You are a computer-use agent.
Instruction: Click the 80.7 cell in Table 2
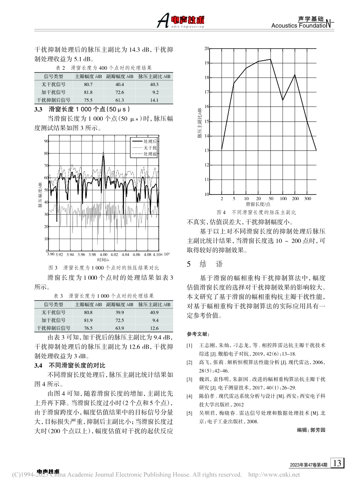tap(88, 84)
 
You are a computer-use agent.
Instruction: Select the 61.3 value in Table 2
tap(120, 100)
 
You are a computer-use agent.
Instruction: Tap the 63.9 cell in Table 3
tap(120, 328)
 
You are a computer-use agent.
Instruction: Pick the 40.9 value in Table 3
tap(154, 312)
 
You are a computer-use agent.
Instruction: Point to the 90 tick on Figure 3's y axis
tap(47, 141)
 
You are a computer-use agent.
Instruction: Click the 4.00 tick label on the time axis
tap(104, 254)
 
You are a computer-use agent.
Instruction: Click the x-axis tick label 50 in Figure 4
tap(271, 199)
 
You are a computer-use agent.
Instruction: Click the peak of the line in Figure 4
tap(271, 59)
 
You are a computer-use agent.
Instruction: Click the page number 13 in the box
tap(338, 463)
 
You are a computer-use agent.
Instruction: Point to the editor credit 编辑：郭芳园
tap(311, 430)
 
